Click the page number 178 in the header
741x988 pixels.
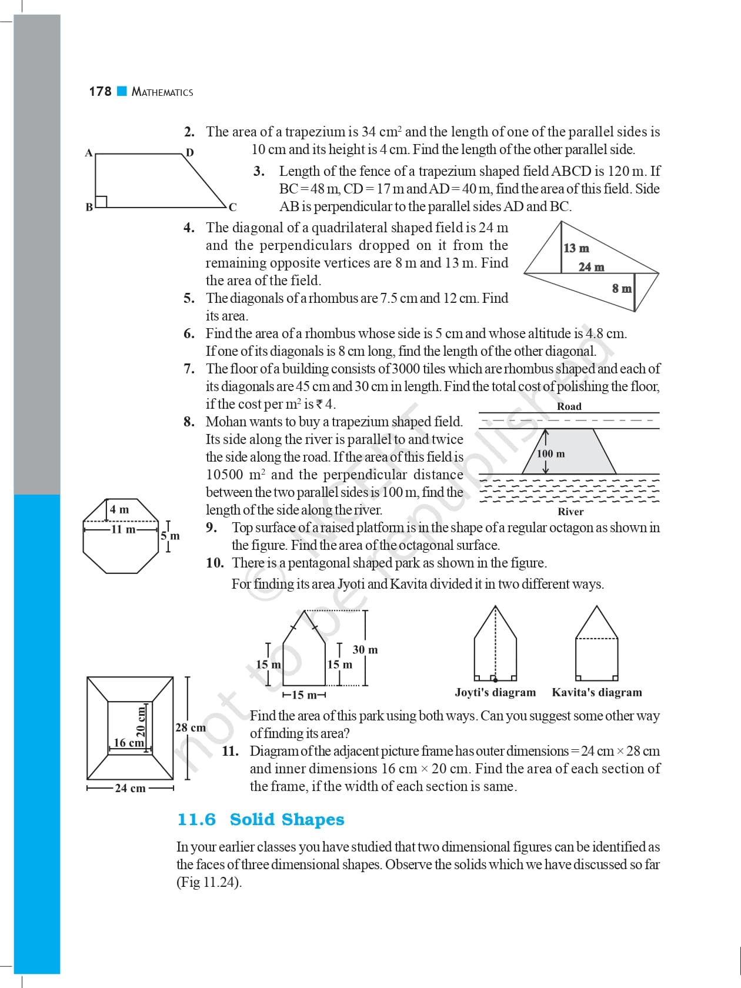coord(100,91)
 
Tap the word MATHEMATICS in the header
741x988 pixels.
coord(162,92)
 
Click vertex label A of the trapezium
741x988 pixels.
coord(89,153)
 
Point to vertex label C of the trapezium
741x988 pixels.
coord(233,207)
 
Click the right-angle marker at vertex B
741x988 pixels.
coord(101,201)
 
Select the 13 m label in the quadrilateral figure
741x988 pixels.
coord(576,248)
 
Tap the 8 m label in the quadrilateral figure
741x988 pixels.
coord(622,288)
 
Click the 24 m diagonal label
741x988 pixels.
coord(591,267)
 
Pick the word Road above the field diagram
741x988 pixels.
coord(569,406)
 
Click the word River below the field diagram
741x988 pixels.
coord(570,512)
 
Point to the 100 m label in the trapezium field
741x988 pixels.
coord(551,454)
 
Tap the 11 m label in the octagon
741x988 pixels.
coord(123,529)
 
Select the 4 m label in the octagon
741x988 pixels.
coord(119,509)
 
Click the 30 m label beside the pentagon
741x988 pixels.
coord(365,650)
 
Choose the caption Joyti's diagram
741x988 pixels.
coord(495,692)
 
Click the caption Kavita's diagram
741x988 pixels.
coord(597,692)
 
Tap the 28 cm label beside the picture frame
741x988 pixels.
coord(191,727)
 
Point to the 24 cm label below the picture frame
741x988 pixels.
coord(130,788)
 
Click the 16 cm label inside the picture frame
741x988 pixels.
coord(128,743)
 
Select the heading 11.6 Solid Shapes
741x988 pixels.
coord(261,819)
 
